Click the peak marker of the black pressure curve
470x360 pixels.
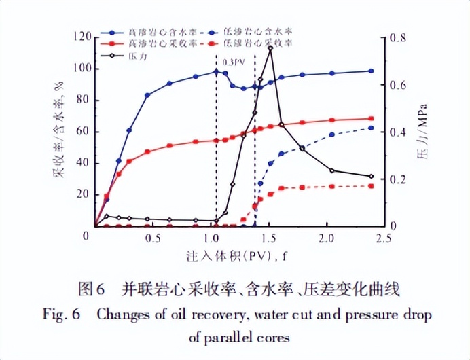[x=270, y=48]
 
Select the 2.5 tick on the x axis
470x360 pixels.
[x=384, y=239]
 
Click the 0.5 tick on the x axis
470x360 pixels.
[x=153, y=239]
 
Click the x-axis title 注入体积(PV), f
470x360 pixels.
[x=236, y=257]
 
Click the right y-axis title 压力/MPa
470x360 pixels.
[x=422, y=132]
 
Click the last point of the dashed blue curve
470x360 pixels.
[x=371, y=128]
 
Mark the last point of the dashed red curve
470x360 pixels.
[x=371, y=186]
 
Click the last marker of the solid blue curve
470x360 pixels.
[x=371, y=71]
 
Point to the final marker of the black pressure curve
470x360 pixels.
[x=371, y=177]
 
